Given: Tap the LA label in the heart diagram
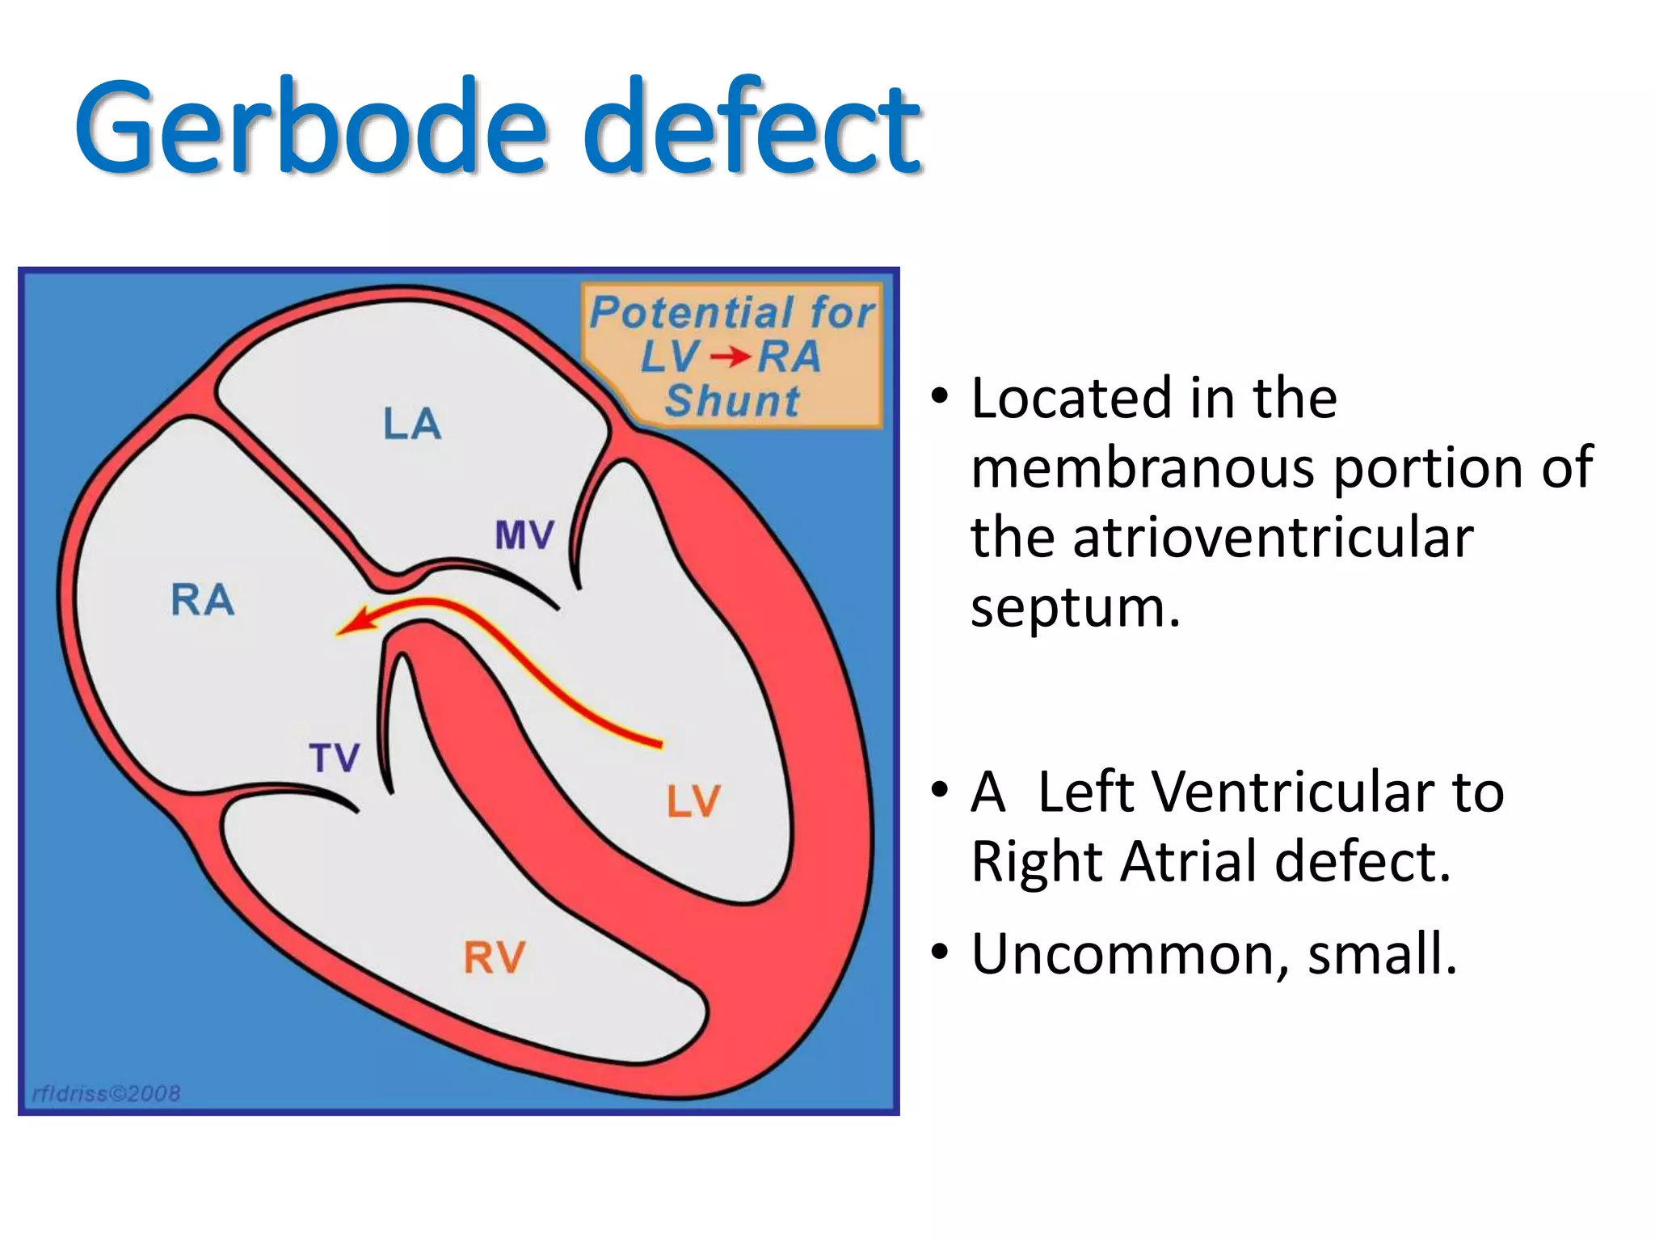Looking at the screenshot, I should (412, 425).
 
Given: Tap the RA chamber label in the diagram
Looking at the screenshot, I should (203, 600).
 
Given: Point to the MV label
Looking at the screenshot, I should (524, 535).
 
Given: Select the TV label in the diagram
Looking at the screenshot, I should (335, 758).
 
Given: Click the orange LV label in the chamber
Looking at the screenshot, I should (693, 801).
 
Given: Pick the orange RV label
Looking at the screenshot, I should (495, 958).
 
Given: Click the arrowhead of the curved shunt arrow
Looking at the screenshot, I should (352, 623).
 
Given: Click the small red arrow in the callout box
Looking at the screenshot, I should (730, 357).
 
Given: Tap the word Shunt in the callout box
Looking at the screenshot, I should (732, 401).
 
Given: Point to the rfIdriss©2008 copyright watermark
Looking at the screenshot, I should (106, 1094).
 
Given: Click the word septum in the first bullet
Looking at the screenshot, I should (1075, 608).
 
